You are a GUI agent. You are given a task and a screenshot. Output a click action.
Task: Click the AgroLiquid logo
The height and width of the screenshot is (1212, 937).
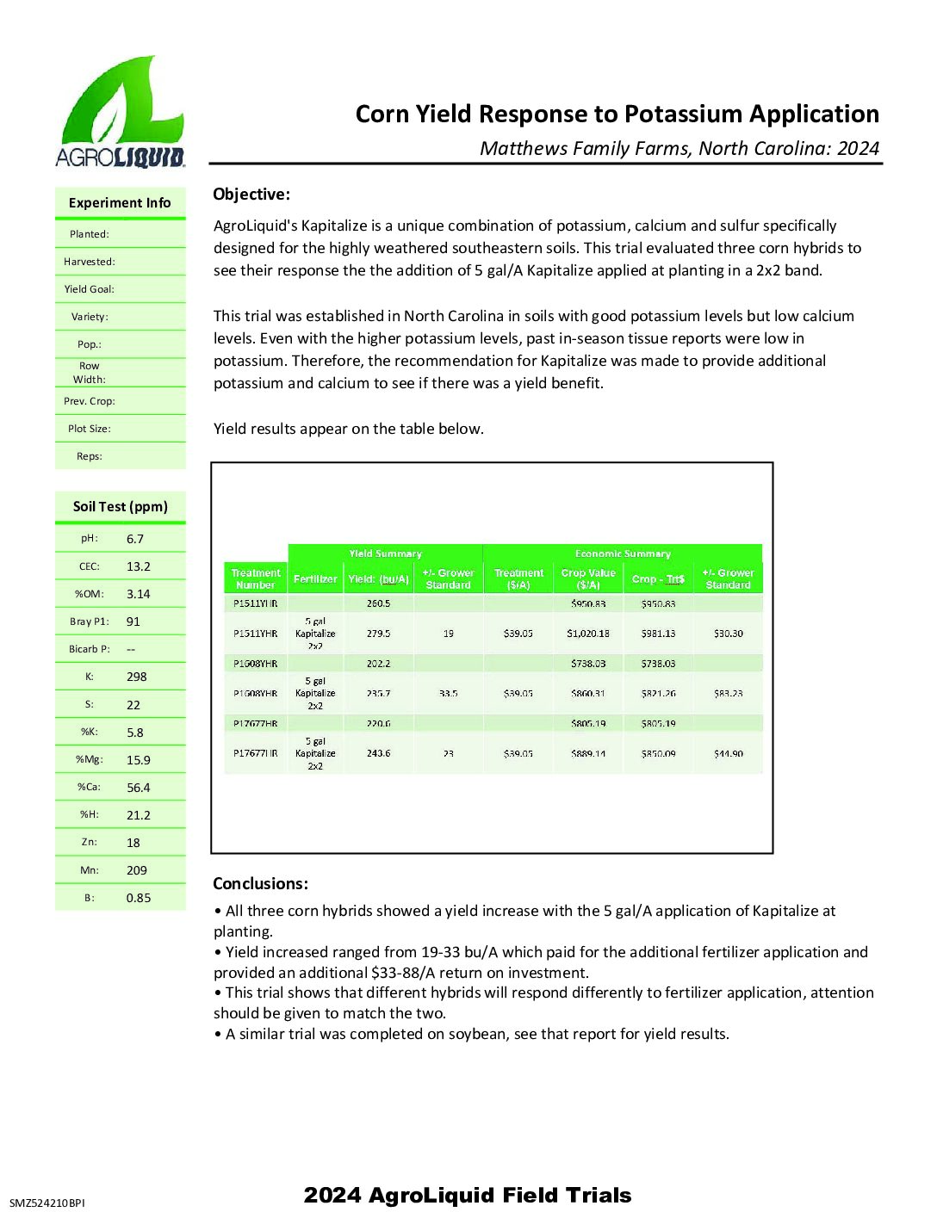tap(121, 112)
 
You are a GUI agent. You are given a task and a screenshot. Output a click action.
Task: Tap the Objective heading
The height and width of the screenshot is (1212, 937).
tap(251, 195)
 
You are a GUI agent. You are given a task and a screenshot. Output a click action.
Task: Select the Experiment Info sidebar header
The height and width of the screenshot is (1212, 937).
tap(120, 203)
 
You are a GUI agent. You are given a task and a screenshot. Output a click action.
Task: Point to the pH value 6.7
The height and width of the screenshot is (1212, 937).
tap(135, 539)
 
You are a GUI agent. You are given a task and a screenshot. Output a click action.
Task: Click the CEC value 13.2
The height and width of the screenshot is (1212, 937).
tap(139, 566)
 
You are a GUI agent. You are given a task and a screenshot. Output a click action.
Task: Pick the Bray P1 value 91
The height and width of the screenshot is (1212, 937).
tap(133, 621)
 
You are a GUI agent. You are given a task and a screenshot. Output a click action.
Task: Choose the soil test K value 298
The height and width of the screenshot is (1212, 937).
tap(137, 677)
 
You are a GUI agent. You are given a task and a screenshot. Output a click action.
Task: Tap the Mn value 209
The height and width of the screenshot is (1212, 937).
tap(137, 870)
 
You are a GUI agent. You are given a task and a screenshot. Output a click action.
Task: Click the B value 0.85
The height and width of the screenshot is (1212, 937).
tap(139, 898)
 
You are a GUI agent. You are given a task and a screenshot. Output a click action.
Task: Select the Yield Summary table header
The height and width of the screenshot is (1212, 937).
tap(385, 553)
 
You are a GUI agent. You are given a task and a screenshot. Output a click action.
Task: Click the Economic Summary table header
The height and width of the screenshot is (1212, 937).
tap(623, 553)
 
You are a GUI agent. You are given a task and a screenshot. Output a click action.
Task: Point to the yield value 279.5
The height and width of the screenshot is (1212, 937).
tap(378, 634)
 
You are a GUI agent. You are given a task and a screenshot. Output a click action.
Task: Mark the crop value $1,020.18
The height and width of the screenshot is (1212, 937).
tap(588, 634)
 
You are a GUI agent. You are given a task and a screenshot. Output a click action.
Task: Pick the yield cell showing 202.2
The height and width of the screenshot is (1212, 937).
tap(378, 664)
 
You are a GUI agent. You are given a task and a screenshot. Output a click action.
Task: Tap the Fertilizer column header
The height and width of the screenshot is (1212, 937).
tap(315, 579)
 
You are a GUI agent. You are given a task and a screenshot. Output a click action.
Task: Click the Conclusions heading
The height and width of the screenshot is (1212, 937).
tap(260, 884)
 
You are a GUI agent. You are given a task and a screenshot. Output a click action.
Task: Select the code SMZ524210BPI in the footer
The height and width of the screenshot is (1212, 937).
tap(47, 1203)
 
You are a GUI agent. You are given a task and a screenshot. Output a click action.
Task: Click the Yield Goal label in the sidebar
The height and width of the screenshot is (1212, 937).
tap(89, 289)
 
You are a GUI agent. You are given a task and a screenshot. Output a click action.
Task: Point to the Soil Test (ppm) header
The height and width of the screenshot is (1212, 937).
tap(121, 507)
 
